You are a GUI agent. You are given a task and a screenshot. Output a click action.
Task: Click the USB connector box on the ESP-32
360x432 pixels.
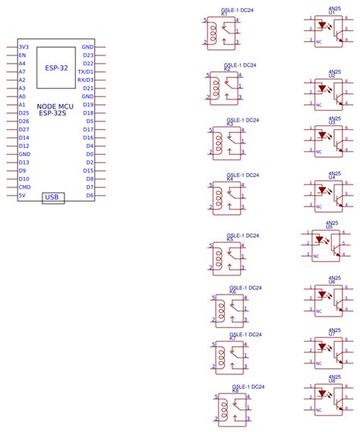(53, 197)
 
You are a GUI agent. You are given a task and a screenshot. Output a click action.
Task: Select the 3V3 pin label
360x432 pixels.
(24, 47)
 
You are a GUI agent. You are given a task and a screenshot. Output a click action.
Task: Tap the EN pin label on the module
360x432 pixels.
(22, 55)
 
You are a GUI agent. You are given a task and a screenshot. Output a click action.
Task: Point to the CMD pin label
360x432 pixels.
(24, 187)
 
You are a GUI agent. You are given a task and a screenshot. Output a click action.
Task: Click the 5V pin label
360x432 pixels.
(22, 195)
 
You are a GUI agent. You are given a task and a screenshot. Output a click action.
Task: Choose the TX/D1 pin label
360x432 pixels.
(86, 71)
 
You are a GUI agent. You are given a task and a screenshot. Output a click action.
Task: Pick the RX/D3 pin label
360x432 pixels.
(86, 80)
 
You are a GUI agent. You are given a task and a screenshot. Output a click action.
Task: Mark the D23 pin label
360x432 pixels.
(88, 55)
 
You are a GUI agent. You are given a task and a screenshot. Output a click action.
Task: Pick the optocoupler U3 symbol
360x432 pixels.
(329, 140)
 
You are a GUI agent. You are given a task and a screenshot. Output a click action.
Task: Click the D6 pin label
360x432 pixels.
(90, 195)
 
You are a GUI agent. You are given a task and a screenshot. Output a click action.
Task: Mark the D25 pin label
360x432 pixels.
(24, 113)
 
